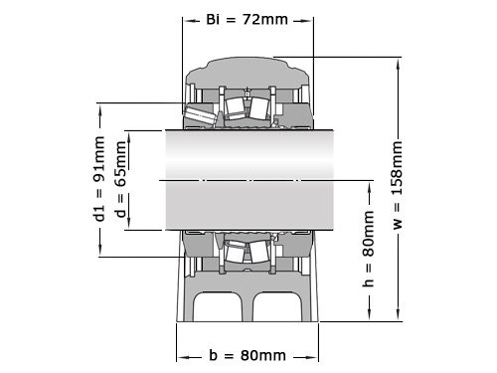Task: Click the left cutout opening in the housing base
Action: click(x=219, y=308)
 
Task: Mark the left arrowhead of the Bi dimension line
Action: click(x=185, y=19)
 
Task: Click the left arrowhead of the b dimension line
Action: click(x=180, y=355)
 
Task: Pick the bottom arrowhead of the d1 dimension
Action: click(x=99, y=254)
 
